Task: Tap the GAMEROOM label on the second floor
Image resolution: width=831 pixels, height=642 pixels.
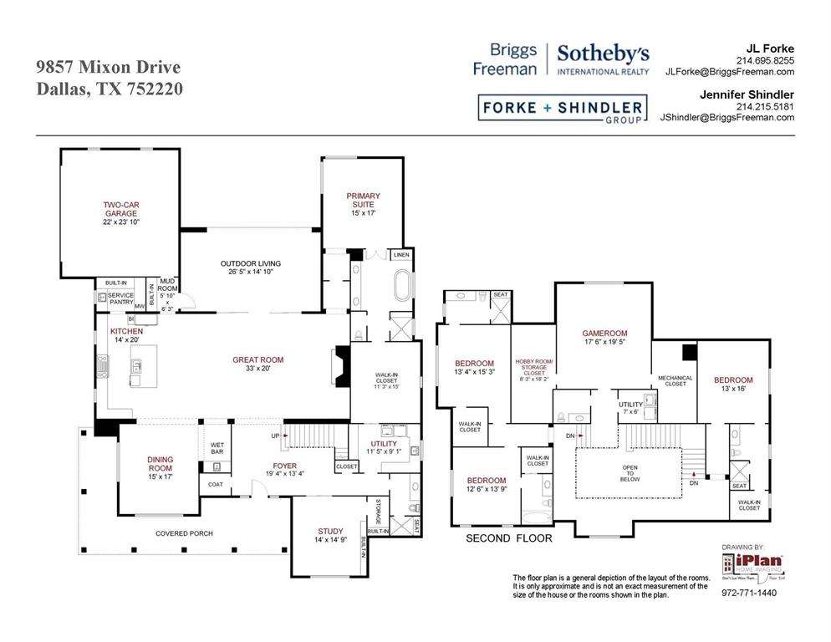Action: [x=604, y=337]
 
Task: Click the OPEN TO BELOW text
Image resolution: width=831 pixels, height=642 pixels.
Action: [x=630, y=473]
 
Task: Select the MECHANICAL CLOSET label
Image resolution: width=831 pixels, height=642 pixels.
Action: [x=675, y=381]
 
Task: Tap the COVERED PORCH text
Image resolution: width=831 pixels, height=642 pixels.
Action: [x=184, y=533]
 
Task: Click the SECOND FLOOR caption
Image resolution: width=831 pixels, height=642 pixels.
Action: [x=508, y=538]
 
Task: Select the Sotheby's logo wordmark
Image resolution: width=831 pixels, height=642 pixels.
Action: [x=603, y=59]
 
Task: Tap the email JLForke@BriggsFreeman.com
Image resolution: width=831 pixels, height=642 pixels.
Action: [x=729, y=72]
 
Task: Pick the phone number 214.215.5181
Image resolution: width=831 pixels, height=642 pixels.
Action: [x=764, y=106]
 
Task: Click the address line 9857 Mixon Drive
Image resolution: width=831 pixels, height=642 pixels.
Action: [x=108, y=67]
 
